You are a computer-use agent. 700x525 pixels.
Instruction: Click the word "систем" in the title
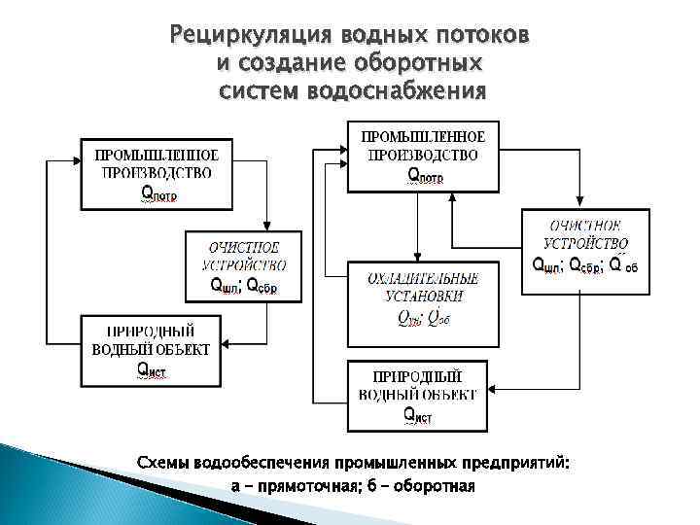(259, 92)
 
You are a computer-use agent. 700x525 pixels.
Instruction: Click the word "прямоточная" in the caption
(310, 485)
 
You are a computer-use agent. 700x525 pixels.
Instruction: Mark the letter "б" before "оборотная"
(381, 485)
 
